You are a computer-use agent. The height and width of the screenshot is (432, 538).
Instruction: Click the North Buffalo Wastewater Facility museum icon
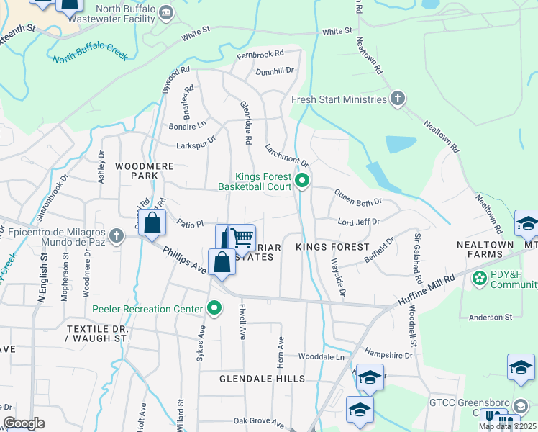click(167, 12)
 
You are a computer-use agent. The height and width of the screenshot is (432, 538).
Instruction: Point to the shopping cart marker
click(242, 237)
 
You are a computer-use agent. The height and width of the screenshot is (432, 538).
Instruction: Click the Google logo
click(24, 423)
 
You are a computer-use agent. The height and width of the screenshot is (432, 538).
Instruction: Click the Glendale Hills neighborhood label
click(263, 378)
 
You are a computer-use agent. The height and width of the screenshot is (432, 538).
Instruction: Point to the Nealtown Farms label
click(485, 245)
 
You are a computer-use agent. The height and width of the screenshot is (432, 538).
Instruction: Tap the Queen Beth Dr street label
click(357, 197)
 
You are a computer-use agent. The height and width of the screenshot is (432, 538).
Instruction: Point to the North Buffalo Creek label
click(90, 56)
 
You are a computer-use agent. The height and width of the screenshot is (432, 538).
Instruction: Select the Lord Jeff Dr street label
click(358, 222)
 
